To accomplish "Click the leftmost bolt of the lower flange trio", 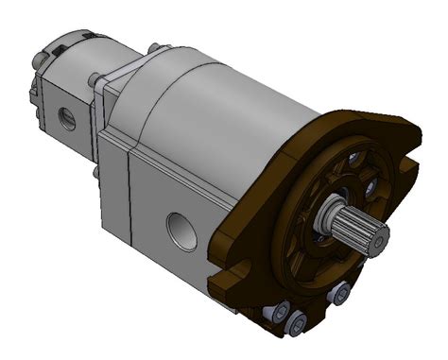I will click(276, 310).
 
